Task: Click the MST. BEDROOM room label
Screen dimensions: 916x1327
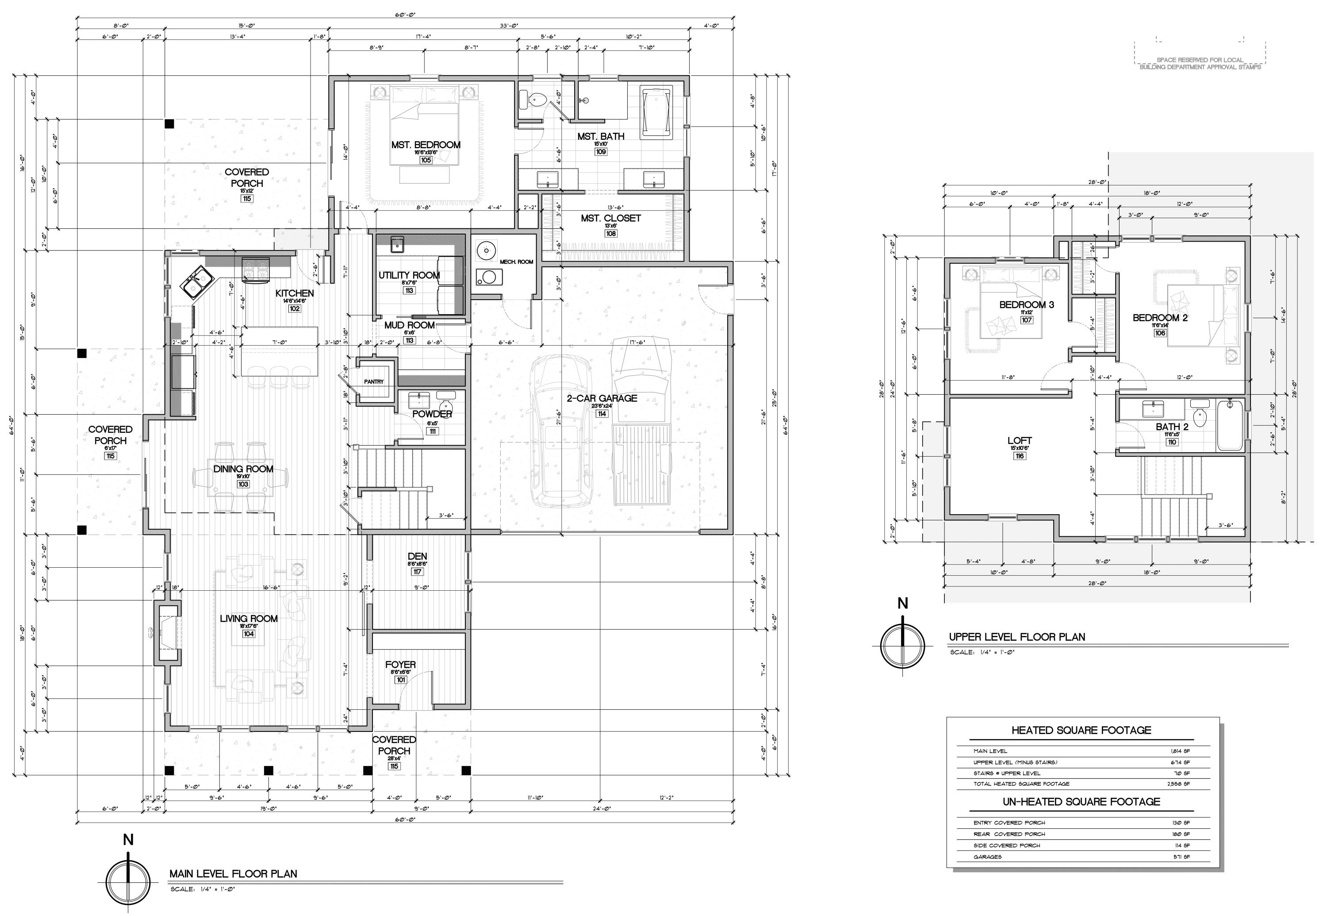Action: point(426,145)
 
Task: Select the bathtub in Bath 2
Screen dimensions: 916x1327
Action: point(1230,426)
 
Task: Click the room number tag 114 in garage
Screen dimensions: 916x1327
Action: point(602,414)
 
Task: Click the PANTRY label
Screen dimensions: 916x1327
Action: point(373,381)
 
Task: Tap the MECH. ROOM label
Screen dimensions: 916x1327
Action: point(516,262)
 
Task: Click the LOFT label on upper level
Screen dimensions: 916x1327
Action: point(1020,441)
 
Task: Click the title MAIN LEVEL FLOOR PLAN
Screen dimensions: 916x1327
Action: point(233,874)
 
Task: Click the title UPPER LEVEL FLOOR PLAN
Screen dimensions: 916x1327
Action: point(1016,636)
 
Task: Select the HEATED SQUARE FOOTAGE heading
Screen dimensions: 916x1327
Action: point(1081,730)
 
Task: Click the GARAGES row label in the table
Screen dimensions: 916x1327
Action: point(987,857)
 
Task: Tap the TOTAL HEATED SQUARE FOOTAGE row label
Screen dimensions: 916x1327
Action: point(1021,783)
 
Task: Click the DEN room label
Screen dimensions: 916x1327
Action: point(417,556)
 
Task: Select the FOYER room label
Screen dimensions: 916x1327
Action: point(400,665)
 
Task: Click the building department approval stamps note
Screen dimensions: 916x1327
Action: point(1200,64)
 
